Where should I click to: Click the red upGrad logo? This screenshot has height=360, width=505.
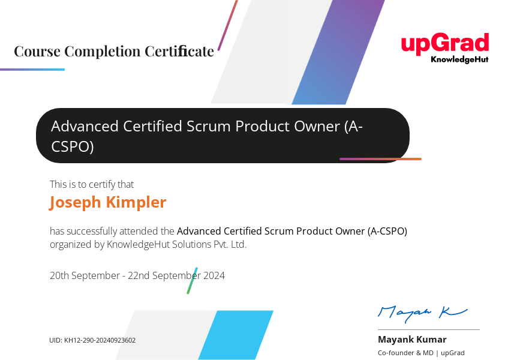point(445,44)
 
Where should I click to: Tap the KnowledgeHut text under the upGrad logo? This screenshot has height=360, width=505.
point(459,59)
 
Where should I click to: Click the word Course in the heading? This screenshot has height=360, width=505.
point(37,51)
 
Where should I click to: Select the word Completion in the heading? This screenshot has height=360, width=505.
point(103,52)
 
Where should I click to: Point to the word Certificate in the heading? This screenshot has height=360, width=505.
point(179,51)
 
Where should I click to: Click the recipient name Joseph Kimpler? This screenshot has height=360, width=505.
point(107,203)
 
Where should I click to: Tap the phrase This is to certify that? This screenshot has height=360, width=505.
point(92,184)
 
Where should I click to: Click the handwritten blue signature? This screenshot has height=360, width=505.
point(422,313)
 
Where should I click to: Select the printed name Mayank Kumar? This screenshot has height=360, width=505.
point(412,340)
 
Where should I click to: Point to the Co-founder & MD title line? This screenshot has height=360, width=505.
point(421,353)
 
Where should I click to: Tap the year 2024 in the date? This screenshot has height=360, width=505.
point(214,275)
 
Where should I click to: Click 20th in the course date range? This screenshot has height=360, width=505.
point(59,275)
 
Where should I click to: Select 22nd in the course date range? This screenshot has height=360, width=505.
point(139,275)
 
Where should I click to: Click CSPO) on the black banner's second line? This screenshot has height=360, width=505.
point(73,146)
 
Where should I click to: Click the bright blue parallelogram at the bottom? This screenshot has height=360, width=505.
point(236,335)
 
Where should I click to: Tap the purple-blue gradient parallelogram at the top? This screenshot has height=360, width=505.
point(338,52)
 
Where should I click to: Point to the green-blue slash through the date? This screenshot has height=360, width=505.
point(193,280)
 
